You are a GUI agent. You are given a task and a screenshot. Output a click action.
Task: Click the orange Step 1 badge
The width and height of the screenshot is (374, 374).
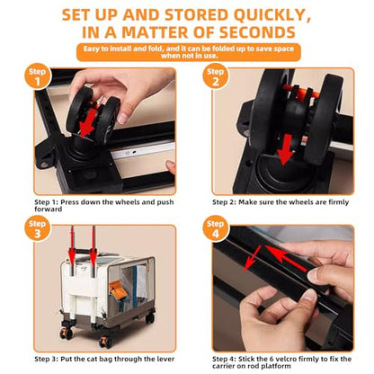pos(38,76)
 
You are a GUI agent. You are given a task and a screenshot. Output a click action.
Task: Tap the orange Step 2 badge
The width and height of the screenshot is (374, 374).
pos(216,76)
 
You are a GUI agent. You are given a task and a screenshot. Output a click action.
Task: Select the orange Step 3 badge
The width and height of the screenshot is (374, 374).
pos(38,228)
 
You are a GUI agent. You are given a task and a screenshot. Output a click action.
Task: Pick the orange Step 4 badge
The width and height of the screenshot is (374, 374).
pos(216,228)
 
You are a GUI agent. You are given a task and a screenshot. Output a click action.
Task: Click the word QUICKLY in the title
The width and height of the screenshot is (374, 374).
pos(272,15)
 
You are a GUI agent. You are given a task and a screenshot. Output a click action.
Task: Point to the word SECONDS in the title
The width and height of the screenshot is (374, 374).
pos(257,32)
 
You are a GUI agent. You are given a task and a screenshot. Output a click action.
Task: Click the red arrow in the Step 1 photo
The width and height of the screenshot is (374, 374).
pos(87,122)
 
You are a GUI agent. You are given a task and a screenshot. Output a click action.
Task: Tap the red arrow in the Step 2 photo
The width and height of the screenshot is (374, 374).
pos(285,149)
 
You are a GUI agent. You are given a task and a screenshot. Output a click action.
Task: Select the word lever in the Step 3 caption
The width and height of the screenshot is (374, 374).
pos(165,359)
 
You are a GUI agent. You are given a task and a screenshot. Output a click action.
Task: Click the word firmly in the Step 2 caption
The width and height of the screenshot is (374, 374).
pos(338,202)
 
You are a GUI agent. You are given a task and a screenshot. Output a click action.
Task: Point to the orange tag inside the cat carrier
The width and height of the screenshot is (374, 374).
pos(117,289)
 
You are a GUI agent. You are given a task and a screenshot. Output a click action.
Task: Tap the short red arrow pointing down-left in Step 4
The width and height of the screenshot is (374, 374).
pos(253,259)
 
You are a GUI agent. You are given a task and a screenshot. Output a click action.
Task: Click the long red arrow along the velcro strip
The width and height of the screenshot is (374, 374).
pos(287,259)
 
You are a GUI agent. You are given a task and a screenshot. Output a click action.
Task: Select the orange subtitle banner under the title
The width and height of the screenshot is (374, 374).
pos(189,52)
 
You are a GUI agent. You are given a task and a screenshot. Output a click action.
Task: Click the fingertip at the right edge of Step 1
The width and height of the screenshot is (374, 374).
pos(171,166)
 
